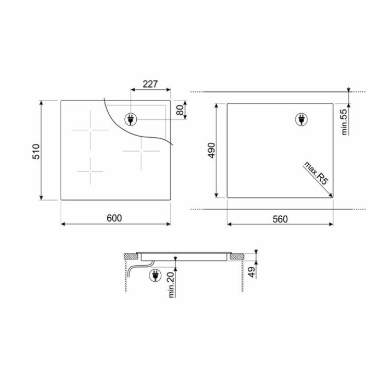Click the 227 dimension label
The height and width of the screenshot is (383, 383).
(x=150, y=84)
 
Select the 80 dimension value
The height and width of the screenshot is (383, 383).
(x=180, y=110)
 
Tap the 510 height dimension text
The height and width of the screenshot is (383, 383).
(x=36, y=152)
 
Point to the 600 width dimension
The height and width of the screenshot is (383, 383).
(x=114, y=218)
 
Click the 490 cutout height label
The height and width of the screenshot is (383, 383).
(x=211, y=150)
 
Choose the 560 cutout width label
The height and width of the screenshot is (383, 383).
(x=280, y=219)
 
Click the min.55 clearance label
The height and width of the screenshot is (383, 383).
(x=344, y=122)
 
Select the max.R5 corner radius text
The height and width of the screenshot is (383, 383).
(x=316, y=173)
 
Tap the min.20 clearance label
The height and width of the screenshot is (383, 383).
(x=171, y=285)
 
